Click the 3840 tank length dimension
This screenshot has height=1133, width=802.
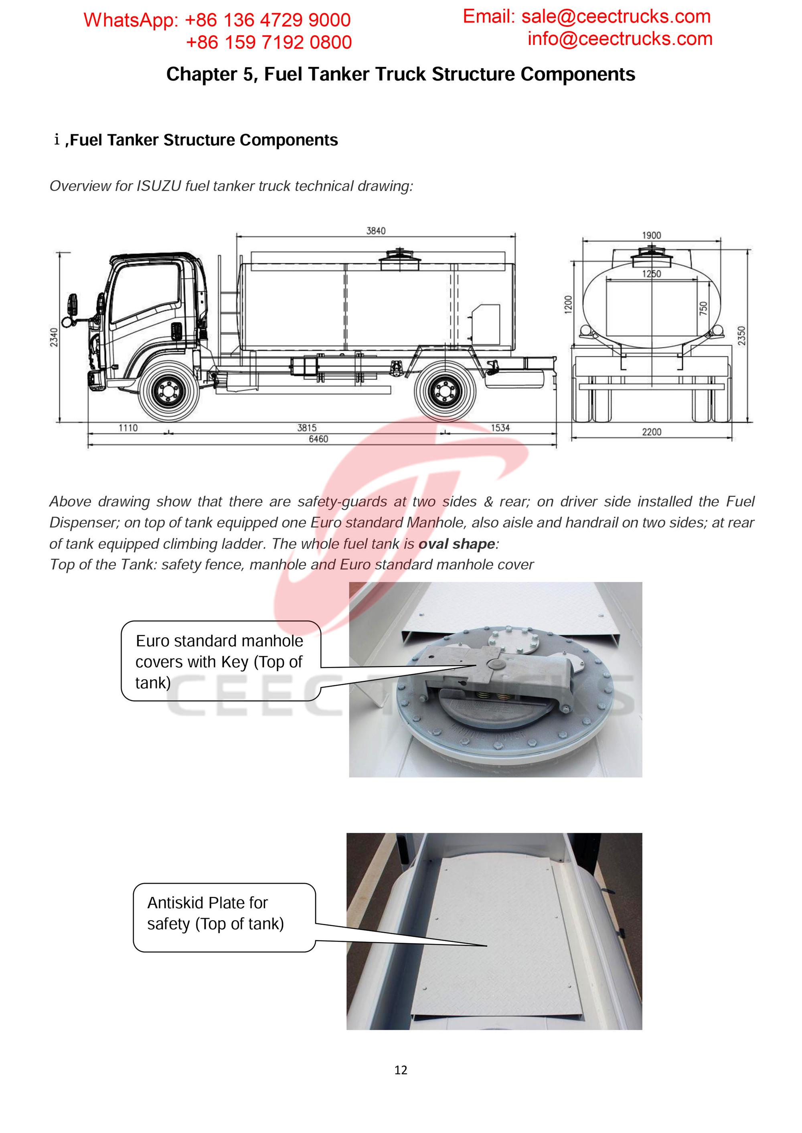click(376, 231)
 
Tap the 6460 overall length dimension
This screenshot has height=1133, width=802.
click(318, 439)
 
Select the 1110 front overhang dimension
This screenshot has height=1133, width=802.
click(128, 428)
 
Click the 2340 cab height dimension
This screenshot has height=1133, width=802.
click(54, 337)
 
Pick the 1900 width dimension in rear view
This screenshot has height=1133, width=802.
click(651, 235)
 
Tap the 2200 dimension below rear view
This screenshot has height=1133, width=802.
click(651, 432)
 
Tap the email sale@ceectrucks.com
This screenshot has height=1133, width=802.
click(616, 17)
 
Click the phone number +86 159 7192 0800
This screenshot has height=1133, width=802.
click(269, 42)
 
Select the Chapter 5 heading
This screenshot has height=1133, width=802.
click(401, 74)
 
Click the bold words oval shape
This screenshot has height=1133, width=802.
click(456, 544)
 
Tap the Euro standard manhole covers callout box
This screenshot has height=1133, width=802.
click(220, 661)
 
